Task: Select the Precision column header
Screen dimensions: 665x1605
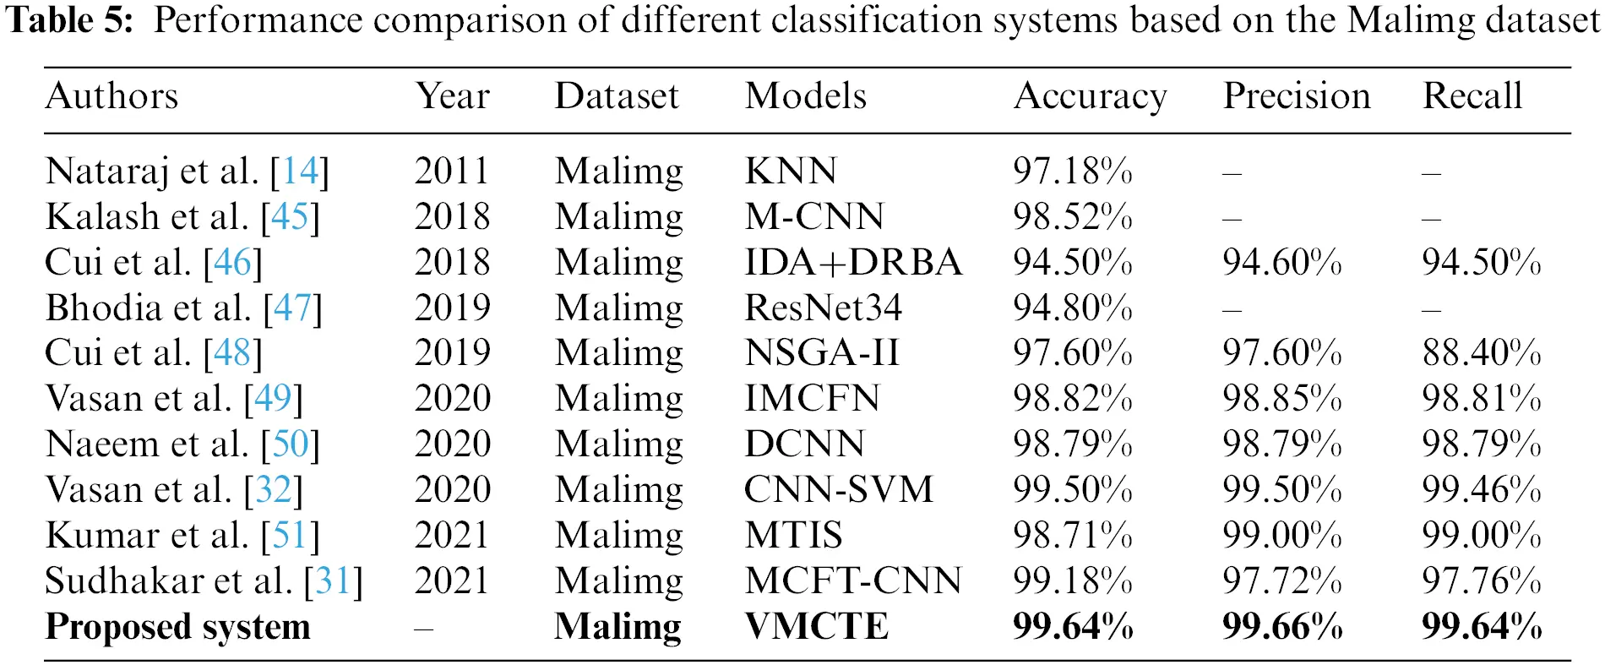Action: click(x=1297, y=96)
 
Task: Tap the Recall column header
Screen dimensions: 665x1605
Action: click(x=1472, y=96)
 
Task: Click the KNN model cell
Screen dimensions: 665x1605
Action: click(x=791, y=172)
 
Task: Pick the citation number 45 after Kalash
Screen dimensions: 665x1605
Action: click(x=290, y=217)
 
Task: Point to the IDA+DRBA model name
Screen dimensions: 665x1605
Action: click(x=853, y=263)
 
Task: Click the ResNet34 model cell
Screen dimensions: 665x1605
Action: click(x=823, y=308)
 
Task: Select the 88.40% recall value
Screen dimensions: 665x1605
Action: click(x=1482, y=353)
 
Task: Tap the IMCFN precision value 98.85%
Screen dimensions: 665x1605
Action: click(x=1281, y=399)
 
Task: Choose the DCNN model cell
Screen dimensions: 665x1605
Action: click(x=804, y=444)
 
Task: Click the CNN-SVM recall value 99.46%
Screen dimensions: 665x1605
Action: click(x=1482, y=490)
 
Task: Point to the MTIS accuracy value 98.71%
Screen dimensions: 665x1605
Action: click(x=1073, y=536)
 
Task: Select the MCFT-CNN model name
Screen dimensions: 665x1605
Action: click(x=853, y=581)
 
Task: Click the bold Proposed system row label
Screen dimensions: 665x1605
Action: click(x=177, y=627)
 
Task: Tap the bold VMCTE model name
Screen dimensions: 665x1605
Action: click(x=816, y=627)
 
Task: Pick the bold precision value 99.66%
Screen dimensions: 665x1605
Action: click(x=1282, y=627)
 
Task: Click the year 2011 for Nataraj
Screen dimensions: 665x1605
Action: click(x=452, y=172)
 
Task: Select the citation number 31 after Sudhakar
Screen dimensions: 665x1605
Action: click(x=333, y=581)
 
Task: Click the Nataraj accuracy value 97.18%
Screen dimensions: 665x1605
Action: click(x=1073, y=172)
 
